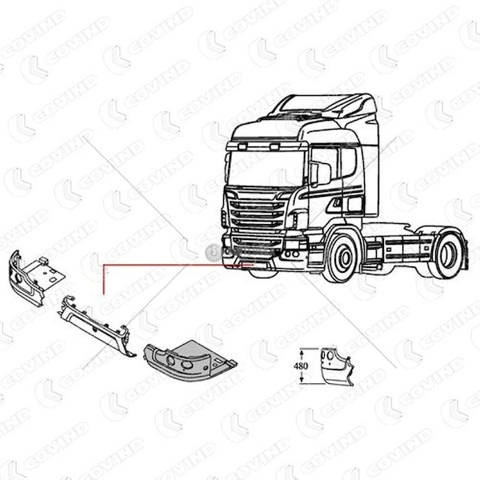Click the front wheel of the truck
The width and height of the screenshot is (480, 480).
[342, 257]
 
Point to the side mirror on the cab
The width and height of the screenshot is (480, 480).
[320, 173]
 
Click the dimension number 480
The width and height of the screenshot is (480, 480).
[301, 366]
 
